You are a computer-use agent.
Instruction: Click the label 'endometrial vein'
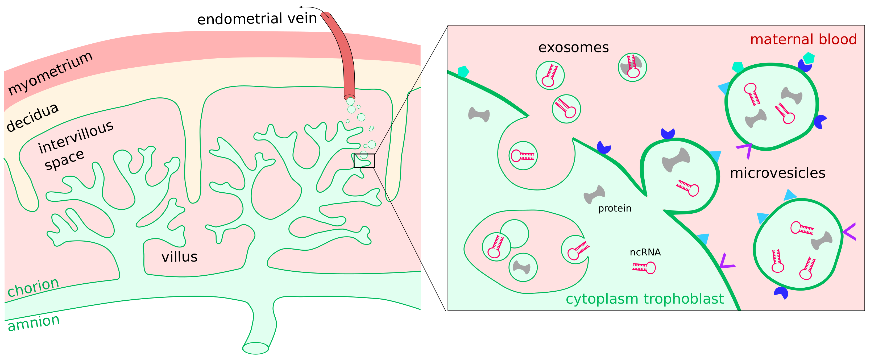pos(257,19)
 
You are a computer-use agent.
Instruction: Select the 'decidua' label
pos(33,117)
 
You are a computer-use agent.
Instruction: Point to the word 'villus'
pos(179,257)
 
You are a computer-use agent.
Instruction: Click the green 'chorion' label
pos(33,287)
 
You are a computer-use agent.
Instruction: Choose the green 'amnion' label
pos(34,322)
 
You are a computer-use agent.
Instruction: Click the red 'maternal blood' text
pos(803,39)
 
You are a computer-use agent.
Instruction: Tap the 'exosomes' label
pos(573,48)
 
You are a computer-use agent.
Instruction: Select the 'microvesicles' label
pos(777,173)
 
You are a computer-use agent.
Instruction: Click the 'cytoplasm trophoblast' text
pos(644,299)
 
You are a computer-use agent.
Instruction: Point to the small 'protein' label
pos(614,208)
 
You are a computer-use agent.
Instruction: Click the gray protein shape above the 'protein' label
pos(594,194)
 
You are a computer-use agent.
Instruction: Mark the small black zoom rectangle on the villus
pos(364,161)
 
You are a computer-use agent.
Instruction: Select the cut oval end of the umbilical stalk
pos(256,348)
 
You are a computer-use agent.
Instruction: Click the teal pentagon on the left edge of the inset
pos(463,72)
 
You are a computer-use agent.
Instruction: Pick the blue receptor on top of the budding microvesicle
pos(668,134)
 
